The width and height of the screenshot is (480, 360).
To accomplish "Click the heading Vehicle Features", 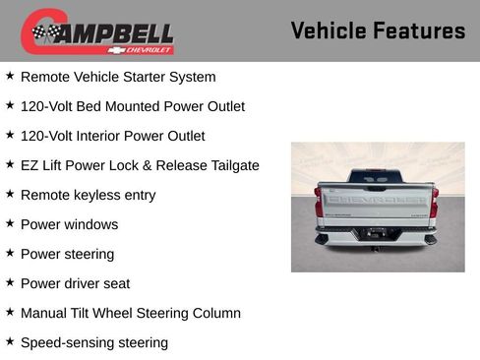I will [x=378, y=30].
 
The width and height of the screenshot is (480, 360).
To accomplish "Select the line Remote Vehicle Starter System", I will [x=117, y=77].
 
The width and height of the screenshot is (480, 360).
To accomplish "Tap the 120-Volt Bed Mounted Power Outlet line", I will [x=132, y=106].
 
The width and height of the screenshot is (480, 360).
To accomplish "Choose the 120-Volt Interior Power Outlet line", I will [x=112, y=136].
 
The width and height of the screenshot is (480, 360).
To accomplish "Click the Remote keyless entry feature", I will [x=88, y=195].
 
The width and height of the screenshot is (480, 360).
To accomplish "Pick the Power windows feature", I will [x=69, y=224].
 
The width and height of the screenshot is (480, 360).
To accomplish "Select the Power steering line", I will [x=67, y=254].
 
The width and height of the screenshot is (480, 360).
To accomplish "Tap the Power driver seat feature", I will [x=75, y=283].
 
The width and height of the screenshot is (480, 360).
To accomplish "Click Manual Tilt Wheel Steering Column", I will [x=130, y=313].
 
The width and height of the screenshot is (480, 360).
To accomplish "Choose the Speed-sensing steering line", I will [x=93, y=342].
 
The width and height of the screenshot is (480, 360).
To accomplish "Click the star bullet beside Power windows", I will [x=10, y=223].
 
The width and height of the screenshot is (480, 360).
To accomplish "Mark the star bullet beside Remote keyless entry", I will [x=10, y=194].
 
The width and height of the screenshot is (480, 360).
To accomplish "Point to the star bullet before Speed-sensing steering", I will [x=10, y=341].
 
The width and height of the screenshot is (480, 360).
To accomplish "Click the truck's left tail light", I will [x=320, y=202].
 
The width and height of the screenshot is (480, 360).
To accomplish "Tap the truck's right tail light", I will [x=434, y=202].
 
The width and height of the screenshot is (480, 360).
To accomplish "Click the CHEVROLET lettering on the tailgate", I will [x=377, y=199].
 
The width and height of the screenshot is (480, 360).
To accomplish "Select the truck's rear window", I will [x=377, y=177].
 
